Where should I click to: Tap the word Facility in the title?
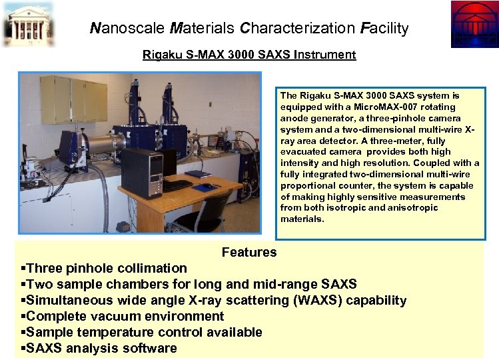(384, 28)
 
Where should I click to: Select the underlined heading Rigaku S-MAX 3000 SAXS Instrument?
(249, 55)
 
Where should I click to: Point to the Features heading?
(249, 252)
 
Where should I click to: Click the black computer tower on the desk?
(142, 173)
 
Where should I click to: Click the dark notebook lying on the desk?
(198, 174)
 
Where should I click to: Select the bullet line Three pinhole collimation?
(105, 268)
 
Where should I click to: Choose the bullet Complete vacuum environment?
(123, 316)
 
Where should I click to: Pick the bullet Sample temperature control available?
(142, 332)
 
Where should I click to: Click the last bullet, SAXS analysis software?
(100, 348)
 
